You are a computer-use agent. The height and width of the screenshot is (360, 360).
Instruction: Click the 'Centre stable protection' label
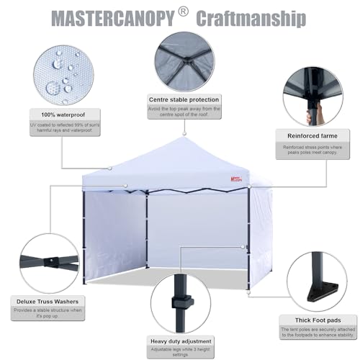[184, 99]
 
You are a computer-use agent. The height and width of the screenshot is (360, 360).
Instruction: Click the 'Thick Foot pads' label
[312, 319]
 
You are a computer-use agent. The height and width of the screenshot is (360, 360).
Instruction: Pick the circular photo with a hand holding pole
[312, 94]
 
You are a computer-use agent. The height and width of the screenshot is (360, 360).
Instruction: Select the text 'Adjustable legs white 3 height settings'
[180, 352]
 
